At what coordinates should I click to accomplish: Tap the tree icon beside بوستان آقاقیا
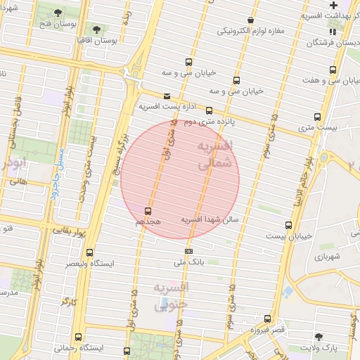[x=96, y=31]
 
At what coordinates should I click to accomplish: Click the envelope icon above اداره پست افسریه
[x=167, y=96]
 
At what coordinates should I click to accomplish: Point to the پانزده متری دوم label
[x=209, y=122]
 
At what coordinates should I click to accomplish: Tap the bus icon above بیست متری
[x=318, y=117]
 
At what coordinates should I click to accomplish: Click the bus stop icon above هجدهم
[x=148, y=210]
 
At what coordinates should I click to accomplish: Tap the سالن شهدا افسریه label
[x=211, y=219]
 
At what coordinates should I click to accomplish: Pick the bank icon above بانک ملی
[x=188, y=250]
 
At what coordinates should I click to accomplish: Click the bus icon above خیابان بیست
[x=288, y=225]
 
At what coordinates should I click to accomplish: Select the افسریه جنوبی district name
[x=172, y=296]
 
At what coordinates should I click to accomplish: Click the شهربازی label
[x=328, y=257]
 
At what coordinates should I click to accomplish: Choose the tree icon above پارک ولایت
[x=320, y=337]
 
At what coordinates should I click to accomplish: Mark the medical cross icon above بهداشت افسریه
[x=333, y=6]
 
